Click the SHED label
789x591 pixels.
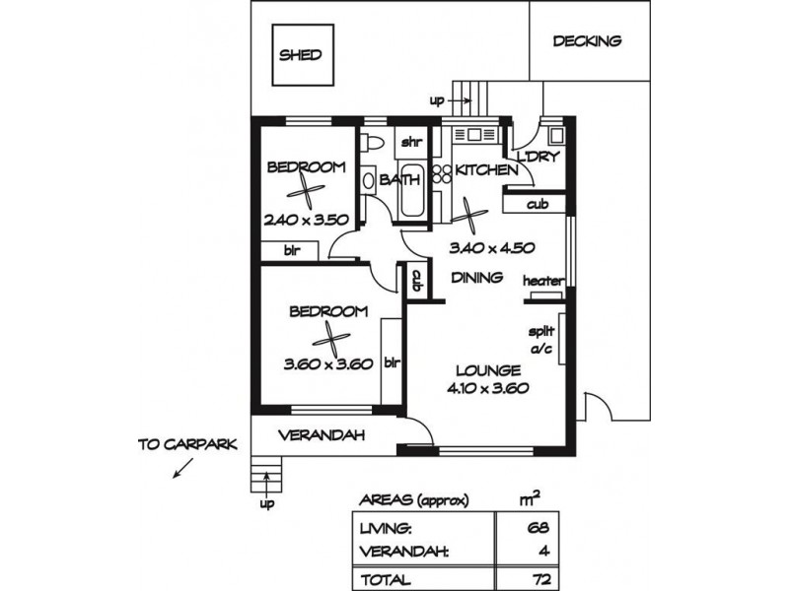click(300, 55)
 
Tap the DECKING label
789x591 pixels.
click(587, 41)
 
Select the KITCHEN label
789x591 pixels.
click(485, 170)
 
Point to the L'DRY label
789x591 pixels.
click(539, 157)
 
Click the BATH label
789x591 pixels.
click(400, 180)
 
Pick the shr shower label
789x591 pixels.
click(410, 142)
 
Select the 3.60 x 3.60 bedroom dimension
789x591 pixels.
click(326, 362)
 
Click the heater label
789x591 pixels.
click(542, 281)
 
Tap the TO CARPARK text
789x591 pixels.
click(187, 444)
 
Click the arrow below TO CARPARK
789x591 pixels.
click(182, 469)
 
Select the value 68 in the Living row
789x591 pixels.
click(537, 527)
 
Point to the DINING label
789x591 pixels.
click(477, 277)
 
